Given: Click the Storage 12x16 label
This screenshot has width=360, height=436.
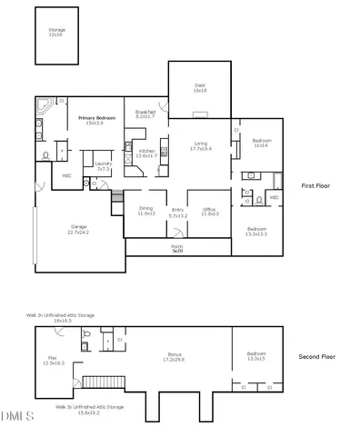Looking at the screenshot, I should click(x=57, y=32).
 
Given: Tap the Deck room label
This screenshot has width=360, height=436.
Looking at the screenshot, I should click(x=200, y=88).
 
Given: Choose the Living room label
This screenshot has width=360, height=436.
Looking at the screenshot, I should click(x=199, y=145).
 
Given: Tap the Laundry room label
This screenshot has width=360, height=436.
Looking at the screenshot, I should click(x=103, y=166).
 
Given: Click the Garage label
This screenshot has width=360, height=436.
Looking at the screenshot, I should click(x=77, y=229).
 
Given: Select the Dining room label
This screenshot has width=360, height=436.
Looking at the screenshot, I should click(x=145, y=211).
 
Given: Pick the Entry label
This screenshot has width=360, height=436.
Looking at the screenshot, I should click(x=177, y=213).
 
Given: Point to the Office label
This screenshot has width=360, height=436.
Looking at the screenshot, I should click(x=209, y=212).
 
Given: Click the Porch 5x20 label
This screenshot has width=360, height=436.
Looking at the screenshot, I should click(x=177, y=248).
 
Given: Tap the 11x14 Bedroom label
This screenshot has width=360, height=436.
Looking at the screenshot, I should click(x=262, y=144).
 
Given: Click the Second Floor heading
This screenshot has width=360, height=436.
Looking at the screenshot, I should click(x=317, y=357).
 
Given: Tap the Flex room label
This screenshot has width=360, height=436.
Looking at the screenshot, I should click(x=54, y=361).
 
